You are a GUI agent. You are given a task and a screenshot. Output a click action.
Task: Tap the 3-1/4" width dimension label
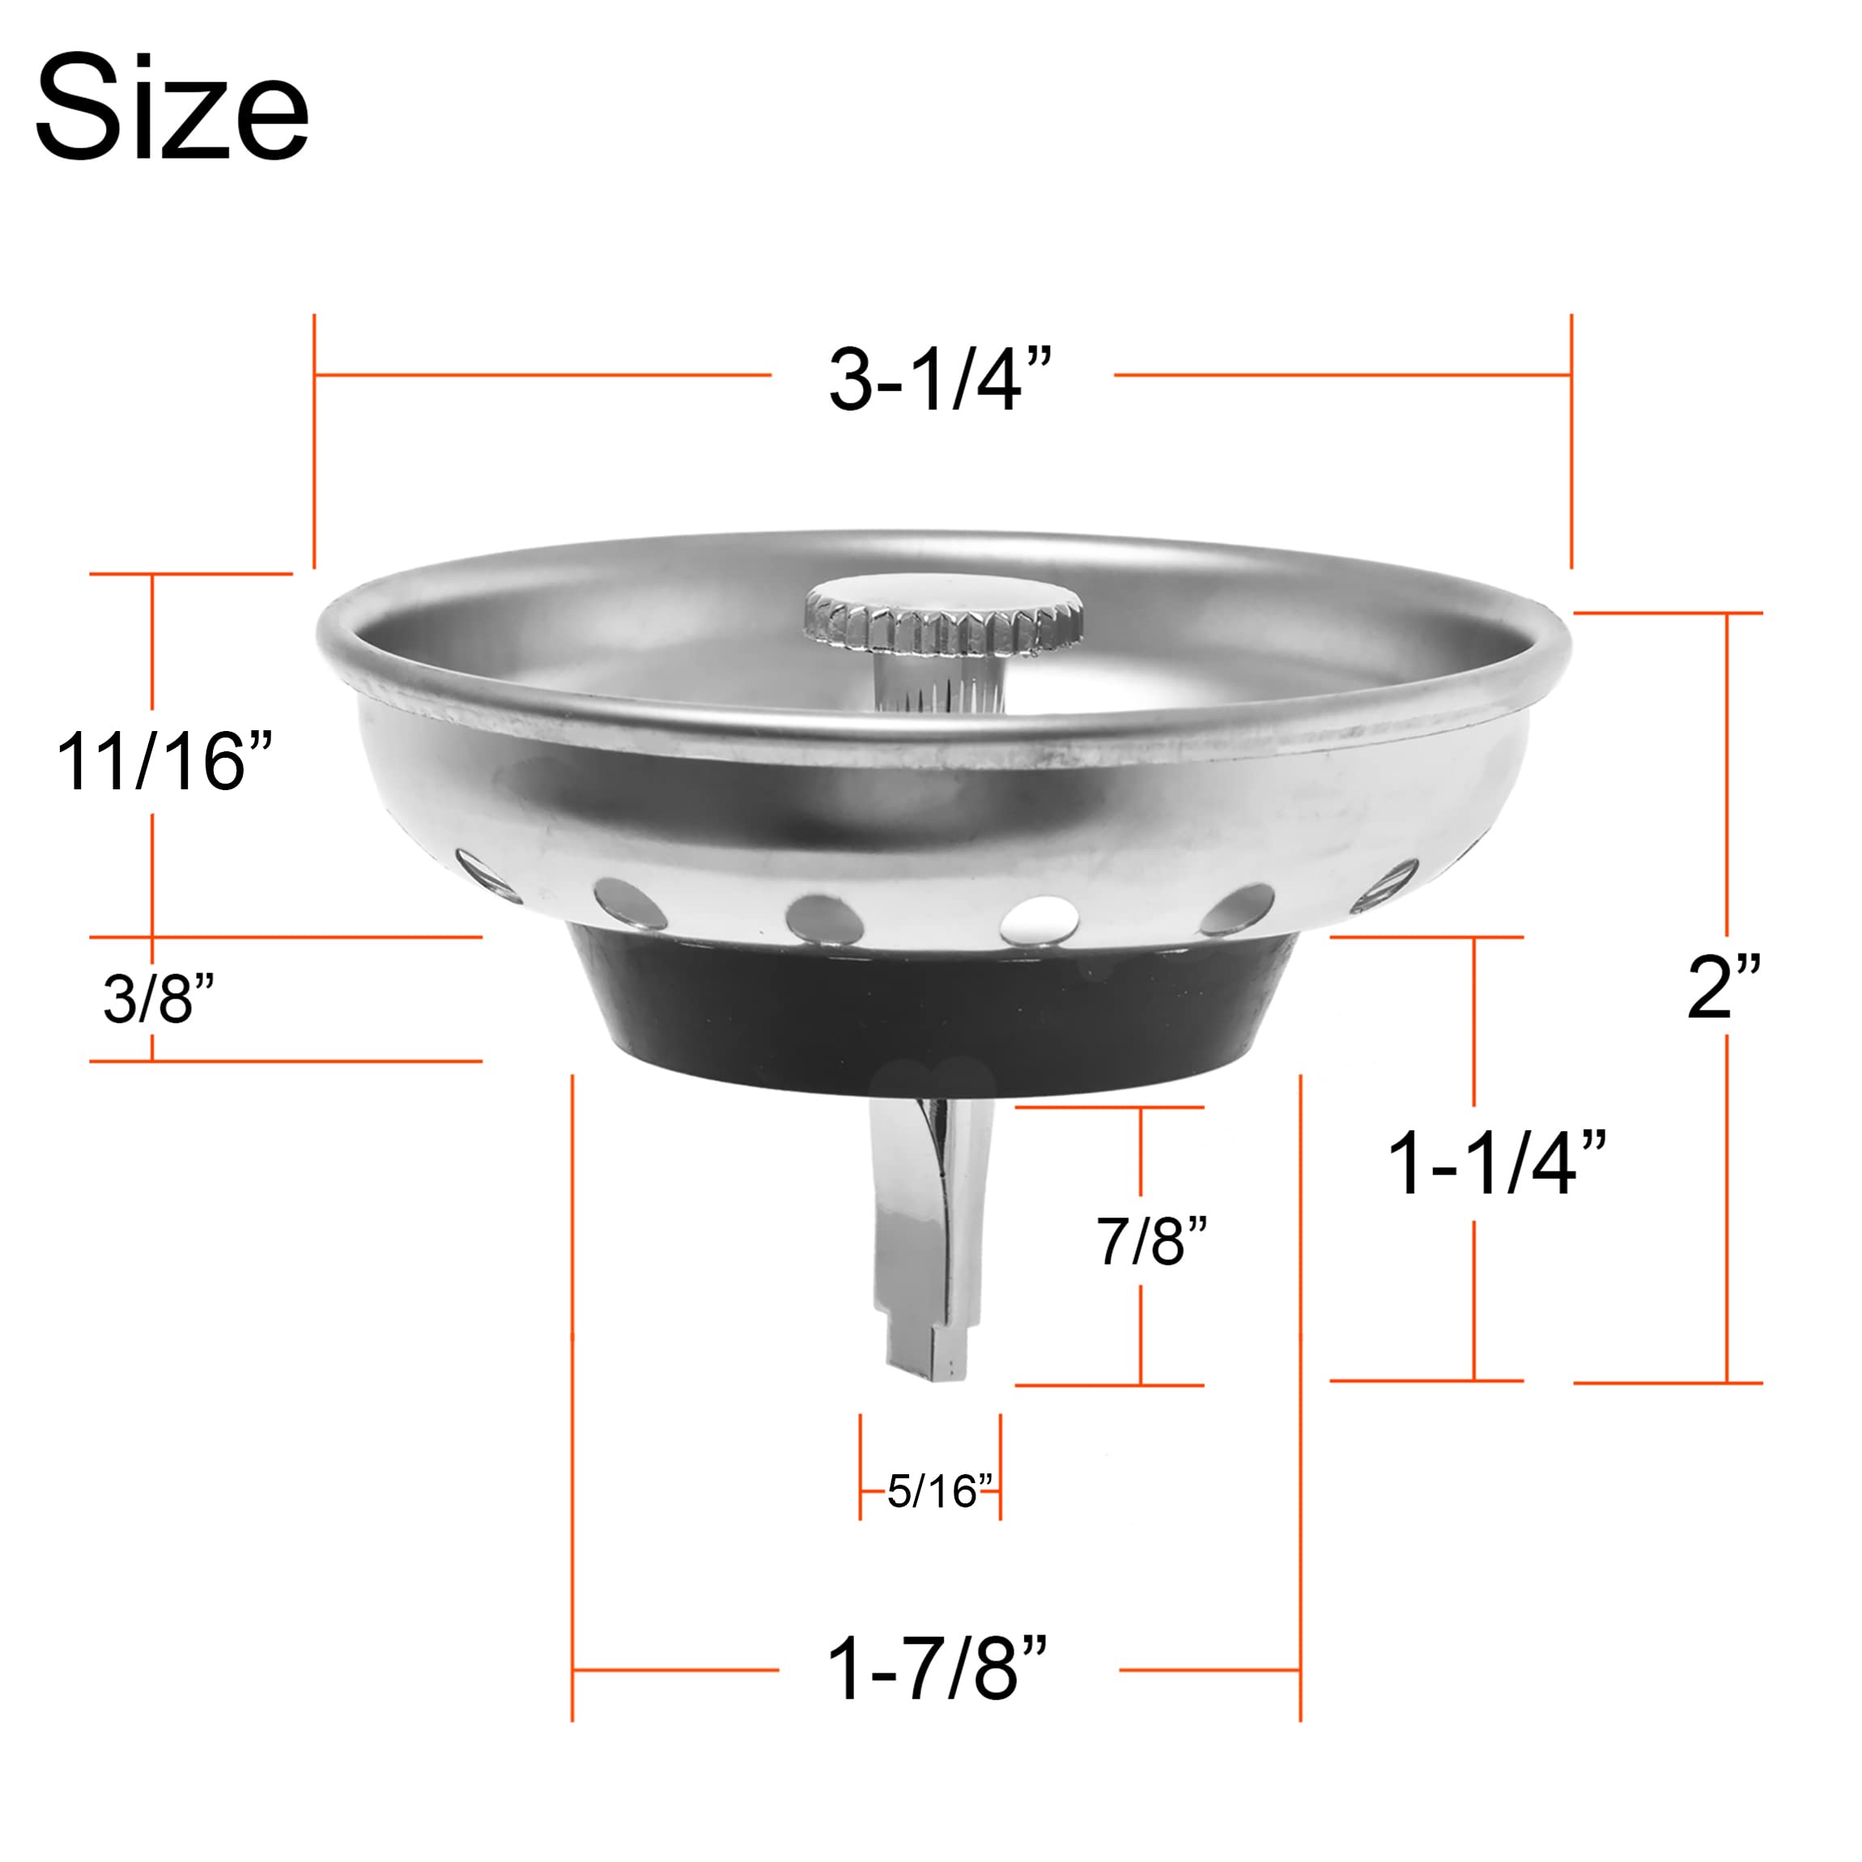(x=940, y=380)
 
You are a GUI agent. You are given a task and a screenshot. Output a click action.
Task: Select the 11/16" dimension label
(x=164, y=761)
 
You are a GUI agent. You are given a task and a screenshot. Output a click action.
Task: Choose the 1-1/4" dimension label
(x=1496, y=1164)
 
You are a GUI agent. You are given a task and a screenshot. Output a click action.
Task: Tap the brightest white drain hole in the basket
(x=1039, y=919)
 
